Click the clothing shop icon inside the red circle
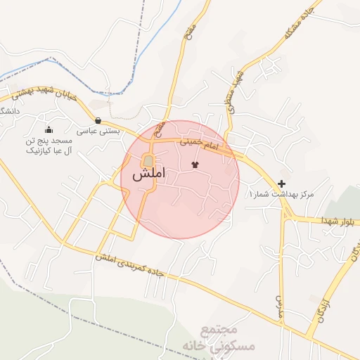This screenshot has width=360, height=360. (x=195, y=165)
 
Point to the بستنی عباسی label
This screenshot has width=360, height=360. (x=98, y=131)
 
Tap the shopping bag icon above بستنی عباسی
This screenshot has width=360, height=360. (x=98, y=120)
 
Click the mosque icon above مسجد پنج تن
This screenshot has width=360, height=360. (x=49, y=129)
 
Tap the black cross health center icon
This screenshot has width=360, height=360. (x=282, y=184)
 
